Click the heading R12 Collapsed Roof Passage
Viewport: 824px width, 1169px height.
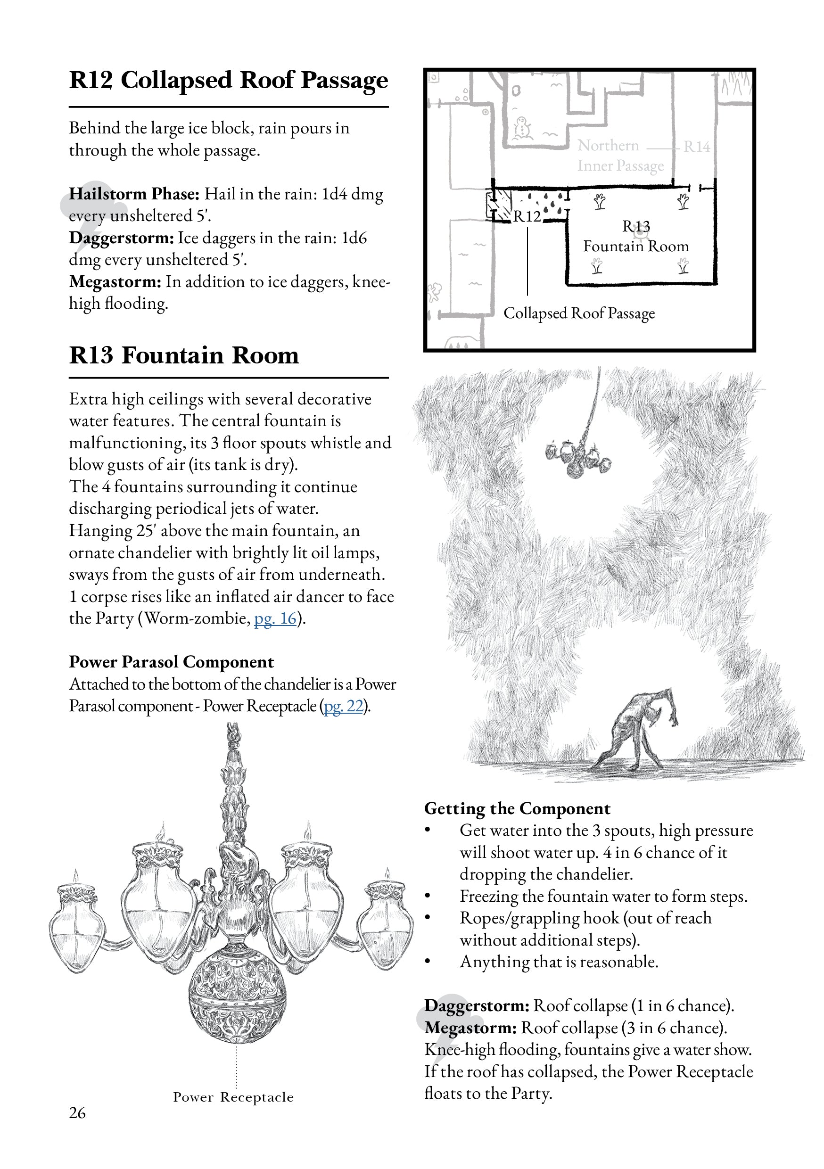(228, 81)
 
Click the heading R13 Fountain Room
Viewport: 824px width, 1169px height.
(184, 355)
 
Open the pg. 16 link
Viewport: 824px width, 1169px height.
(275, 618)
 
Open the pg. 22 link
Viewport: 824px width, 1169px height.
(344, 706)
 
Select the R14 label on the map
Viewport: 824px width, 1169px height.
(696, 147)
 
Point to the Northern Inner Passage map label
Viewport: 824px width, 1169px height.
(620, 156)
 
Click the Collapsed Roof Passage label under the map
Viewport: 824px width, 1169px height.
(579, 313)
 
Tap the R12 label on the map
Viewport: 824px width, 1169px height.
(527, 216)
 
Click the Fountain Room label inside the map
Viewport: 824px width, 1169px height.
(635, 247)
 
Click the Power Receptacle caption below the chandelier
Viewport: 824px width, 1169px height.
(233, 1097)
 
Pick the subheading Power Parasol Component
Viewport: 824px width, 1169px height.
(171, 662)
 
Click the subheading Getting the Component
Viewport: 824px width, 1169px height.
(517, 808)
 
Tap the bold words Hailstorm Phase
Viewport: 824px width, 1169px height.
(134, 194)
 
